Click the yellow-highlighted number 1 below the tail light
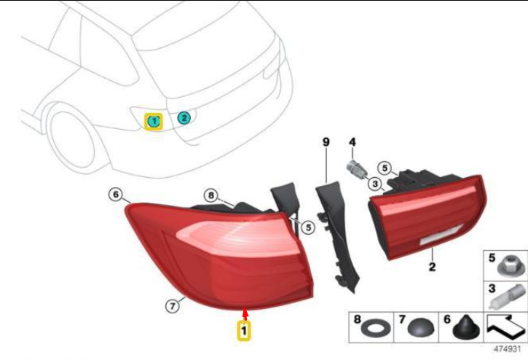245,331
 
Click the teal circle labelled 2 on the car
184,117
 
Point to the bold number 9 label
326,141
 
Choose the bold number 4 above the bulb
352,141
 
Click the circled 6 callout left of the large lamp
114,195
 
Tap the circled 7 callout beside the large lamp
173,307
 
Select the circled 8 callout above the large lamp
210,195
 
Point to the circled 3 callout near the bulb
374,184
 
